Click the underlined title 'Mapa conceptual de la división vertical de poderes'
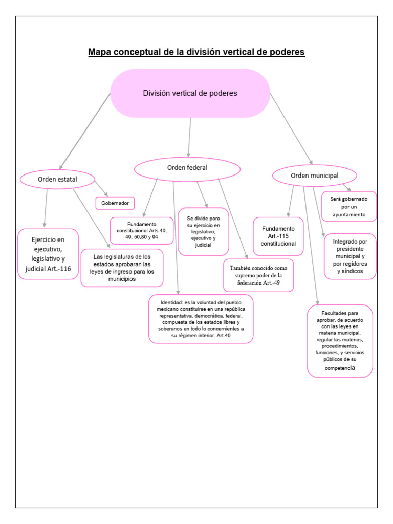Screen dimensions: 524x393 [196, 52]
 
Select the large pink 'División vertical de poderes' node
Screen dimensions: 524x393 [190, 93]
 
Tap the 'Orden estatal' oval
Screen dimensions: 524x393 [57, 179]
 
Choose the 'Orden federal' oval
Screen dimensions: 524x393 [187, 168]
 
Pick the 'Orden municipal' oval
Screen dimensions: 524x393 [314, 176]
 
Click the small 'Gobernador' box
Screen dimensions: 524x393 [115, 203]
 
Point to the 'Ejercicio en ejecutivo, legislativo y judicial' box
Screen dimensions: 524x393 [48, 254]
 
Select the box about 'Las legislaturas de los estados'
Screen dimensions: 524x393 [122, 268]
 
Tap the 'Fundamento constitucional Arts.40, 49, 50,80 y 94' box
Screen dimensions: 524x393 [142, 230]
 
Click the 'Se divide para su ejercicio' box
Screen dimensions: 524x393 [203, 231]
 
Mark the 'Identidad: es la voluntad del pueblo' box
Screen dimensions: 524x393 [201, 319]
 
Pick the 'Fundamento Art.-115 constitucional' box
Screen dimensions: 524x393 [278, 236]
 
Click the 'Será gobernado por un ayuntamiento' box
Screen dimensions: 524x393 [349, 206]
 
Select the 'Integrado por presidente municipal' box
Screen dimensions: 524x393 [350, 256]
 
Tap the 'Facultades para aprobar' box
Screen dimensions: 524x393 [340, 340]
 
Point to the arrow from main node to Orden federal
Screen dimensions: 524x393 [190, 137]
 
